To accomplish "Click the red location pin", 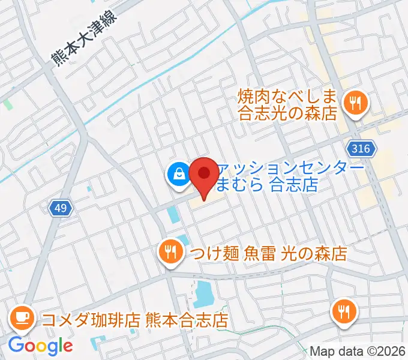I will pos(204,175).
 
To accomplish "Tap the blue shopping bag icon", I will pos(179,175).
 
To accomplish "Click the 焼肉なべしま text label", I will pos(288,96).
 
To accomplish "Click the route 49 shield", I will pos(61,208).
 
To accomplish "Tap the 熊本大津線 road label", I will pos(82,41).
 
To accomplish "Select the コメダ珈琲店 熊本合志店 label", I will pos(135,319).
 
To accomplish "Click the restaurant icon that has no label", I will pos(344,311).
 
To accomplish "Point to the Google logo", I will pos(41,346).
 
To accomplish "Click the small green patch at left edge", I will pos(8,104).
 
